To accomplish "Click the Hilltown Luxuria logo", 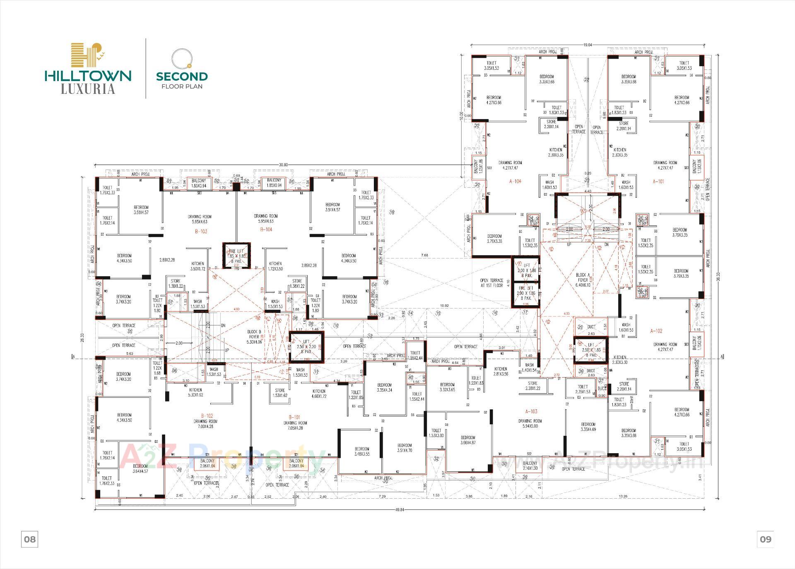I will (x=88, y=68).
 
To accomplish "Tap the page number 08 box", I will (x=30, y=539).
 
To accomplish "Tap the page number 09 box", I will (x=766, y=539).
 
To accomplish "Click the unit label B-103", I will (x=201, y=232).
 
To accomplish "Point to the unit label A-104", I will (x=515, y=181).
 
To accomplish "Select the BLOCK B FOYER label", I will (x=254, y=337).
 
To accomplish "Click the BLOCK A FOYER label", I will (x=583, y=277).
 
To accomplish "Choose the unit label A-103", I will (x=531, y=411).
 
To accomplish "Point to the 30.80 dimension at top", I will (x=283, y=165).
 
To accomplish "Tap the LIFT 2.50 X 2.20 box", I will (x=306, y=347).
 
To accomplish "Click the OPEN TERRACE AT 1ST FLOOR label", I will (x=491, y=283).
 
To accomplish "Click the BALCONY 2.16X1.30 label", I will (x=530, y=466).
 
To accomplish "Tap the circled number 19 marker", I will (x=392, y=213).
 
